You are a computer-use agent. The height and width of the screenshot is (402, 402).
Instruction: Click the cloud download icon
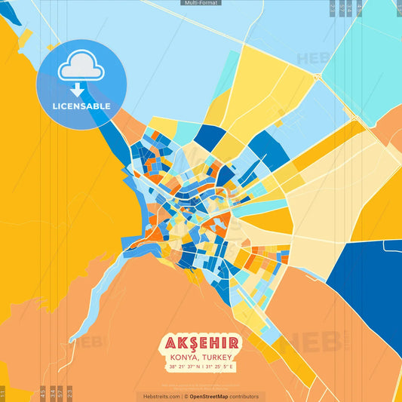point(81,68)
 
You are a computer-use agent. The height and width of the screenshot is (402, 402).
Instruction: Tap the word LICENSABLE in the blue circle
point(81,106)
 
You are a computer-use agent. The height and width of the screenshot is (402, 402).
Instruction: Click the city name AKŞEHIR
point(201,344)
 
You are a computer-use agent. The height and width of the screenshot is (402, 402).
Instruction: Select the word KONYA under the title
point(184,358)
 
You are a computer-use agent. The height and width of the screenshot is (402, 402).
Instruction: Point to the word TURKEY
point(218,358)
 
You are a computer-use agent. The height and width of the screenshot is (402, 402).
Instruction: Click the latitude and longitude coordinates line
point(201,367)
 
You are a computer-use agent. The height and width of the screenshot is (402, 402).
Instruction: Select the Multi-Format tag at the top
point(201,3)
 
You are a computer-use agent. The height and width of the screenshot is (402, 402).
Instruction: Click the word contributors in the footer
point(245,396)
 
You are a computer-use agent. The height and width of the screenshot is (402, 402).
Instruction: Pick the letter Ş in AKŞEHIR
point(192,344)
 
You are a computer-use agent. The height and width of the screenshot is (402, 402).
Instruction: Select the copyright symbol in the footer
point(186,396)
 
